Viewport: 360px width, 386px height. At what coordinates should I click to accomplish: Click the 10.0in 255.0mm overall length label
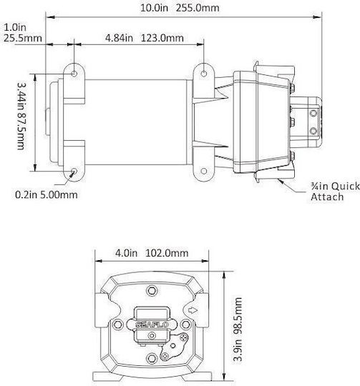point(180,8)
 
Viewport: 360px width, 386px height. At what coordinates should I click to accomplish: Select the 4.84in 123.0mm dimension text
point(145,38)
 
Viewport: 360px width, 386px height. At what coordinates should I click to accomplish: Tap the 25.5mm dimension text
point(23,38)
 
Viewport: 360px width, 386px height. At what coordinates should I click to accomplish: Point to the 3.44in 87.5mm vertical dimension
point(21,116)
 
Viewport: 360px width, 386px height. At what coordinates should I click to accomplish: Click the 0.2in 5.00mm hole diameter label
point(47,194)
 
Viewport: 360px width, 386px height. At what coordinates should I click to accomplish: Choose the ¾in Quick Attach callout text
point(335,192)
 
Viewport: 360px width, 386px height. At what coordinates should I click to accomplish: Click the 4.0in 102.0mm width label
point(152,253)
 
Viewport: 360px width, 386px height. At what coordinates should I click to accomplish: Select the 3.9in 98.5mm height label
point(238,329)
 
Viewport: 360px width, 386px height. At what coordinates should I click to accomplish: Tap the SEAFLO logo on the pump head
point(152,325)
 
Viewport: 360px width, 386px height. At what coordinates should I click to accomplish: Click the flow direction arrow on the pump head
point(193,310)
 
